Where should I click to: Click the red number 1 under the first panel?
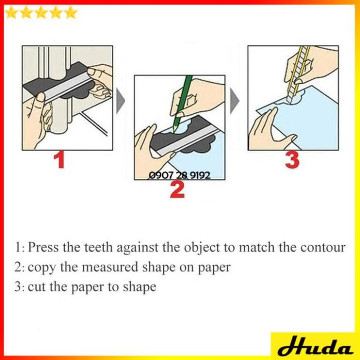tap(59, 160)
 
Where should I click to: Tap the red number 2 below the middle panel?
tap(177, 189)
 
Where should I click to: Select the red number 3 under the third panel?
tap(292, 160)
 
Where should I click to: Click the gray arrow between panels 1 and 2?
tap(121, 101)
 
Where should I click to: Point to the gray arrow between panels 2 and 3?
tap(235, 101)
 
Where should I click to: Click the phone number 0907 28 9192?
tap(179, 175)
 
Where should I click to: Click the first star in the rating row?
tap(11, 12)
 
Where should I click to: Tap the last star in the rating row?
tap(71, 12)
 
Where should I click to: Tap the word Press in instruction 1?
tap(43, 247)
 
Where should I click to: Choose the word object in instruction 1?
tap(202, 248)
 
